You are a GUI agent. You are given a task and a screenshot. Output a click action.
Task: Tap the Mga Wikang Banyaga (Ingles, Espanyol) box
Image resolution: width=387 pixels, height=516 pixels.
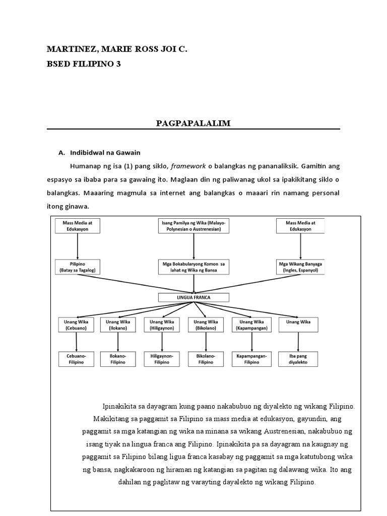[300, 267]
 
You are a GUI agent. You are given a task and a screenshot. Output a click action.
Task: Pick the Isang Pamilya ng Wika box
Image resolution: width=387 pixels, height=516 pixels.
[192, 226]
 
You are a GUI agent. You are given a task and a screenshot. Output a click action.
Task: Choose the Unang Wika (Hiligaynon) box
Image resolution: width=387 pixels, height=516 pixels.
[162, 325]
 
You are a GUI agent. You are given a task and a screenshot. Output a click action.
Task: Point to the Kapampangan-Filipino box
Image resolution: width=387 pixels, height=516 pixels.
[250, 358]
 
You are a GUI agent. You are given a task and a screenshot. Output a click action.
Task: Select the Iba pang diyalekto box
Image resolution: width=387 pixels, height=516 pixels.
[298, 358]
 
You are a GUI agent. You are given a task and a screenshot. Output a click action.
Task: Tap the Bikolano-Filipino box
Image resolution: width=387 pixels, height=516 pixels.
[206, 358]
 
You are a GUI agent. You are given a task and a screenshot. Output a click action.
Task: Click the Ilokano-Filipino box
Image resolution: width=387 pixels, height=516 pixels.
[118, 358]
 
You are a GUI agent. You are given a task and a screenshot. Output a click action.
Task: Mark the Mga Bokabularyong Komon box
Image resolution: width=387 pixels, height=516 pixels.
[191, 267]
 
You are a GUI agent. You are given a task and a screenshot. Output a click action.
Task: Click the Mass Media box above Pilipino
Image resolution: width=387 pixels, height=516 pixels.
[77, 226]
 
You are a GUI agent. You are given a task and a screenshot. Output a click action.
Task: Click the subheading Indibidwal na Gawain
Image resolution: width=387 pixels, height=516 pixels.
[105, 153]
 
